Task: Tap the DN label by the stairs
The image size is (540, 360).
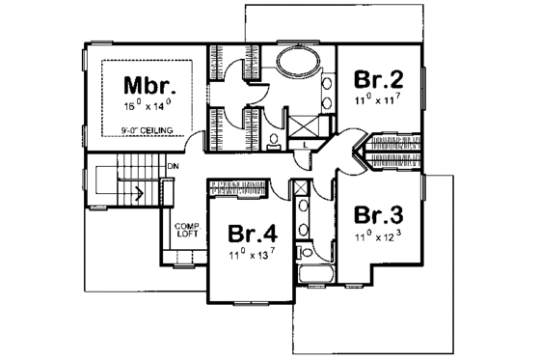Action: coord(174,167)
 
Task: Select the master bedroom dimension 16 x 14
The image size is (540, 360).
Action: coord(146,103)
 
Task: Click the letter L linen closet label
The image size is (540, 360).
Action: coord(305,145)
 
